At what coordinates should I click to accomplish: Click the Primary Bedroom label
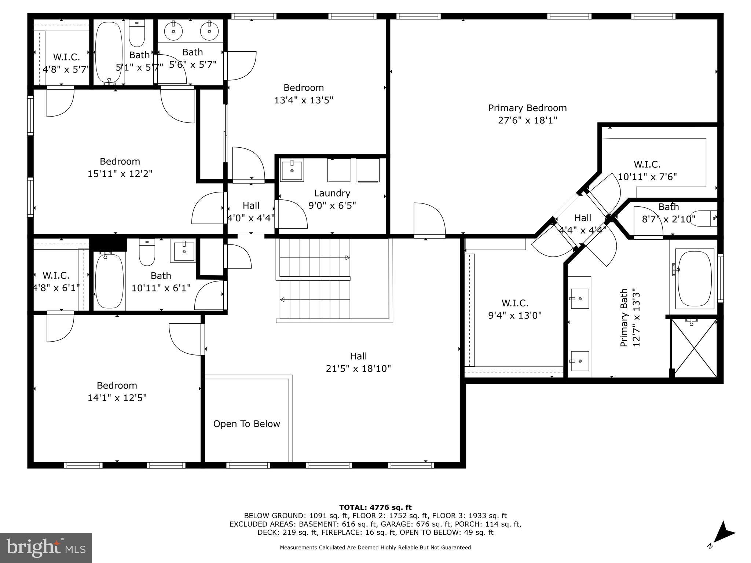[527, 108]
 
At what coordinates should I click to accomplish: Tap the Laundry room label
[332, 193]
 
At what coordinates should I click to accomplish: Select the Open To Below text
[246, 424]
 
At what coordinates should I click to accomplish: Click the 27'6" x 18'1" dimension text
[527, 120]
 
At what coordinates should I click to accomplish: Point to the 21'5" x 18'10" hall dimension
[358, 368]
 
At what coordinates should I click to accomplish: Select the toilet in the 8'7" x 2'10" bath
[703, 218]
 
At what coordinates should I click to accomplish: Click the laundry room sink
[292, 170]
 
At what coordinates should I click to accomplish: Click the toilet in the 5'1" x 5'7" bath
[137, 33]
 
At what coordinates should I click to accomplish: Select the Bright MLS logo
[46, 548]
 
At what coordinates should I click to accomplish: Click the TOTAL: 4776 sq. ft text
[375, 508]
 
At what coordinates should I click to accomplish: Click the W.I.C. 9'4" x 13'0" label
[515, 309]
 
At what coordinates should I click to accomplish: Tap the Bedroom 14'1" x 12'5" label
[117, 391]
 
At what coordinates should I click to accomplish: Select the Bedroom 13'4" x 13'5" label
[304, 94]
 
